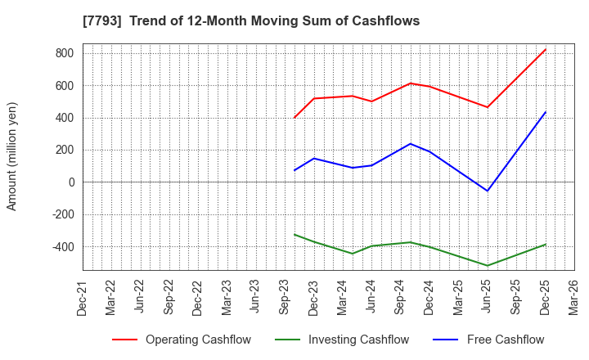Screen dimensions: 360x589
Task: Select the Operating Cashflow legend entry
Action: tap(182, 340)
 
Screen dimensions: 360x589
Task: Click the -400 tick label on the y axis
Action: tap(62, 246)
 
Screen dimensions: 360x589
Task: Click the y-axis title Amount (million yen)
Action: tap(12, 156)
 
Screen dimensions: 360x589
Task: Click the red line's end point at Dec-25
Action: tap(546, 49)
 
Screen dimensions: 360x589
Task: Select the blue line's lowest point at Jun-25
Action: tap(488, 191)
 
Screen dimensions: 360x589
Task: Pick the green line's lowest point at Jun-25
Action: tap(488, 266)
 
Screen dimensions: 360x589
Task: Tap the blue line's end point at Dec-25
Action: tap(546, 112)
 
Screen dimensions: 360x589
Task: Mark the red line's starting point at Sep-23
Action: tap(294, 118)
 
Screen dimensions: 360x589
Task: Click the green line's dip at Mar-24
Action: tap(353, 254)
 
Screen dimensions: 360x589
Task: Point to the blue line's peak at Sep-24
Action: tap(411, 144)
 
